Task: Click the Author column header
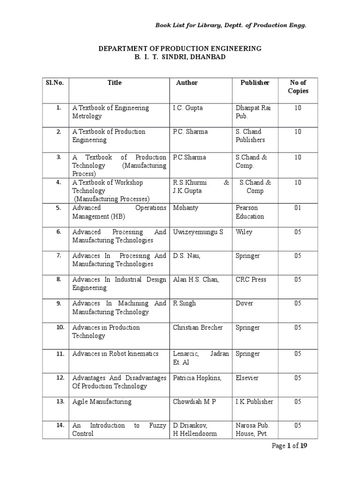(187, 82)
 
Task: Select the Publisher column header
(255, 82)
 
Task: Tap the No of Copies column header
(298, 87)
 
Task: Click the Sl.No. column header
(55, 82)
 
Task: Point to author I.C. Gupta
(187, 108)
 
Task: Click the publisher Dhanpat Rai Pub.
(254, 112)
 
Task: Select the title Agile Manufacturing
(102, 402)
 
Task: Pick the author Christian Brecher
(197, 327)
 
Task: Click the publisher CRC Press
(251, 279)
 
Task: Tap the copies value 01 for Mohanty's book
(298, 208)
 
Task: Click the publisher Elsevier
(247, 378)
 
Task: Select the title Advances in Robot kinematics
(115, 354)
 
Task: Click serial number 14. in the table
(59, 425)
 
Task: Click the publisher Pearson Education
(250, 212)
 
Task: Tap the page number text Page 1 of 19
(290, 446)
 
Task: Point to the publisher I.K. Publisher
(254, 402)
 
